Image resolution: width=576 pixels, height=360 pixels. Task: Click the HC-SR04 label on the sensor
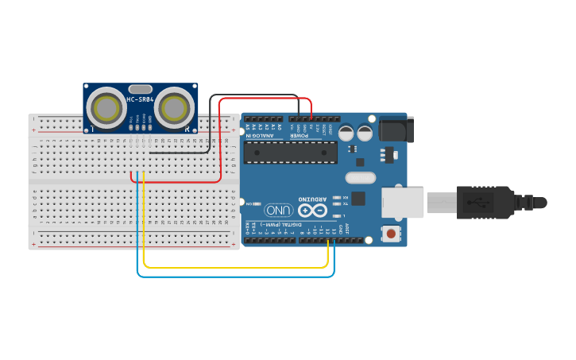(x=140, y=99)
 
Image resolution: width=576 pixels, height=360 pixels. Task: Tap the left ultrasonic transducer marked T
(x=104, y=106)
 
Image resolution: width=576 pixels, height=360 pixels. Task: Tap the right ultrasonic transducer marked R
(x=176, y=106)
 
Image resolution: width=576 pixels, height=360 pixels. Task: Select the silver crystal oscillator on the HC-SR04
(x=140, y=89)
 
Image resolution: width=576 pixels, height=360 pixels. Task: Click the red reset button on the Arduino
(x=391, y=234)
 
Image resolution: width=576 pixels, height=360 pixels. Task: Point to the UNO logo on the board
(x=279, y=211)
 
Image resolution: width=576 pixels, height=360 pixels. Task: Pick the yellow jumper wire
(x=238, y=268)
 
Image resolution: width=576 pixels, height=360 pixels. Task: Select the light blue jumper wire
(x=238, y=277)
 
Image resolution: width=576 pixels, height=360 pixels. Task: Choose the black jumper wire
(x=210, y=127)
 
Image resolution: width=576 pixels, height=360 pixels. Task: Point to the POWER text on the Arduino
(x=298, y=135)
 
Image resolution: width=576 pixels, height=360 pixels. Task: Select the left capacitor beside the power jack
(x=346, y=133)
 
